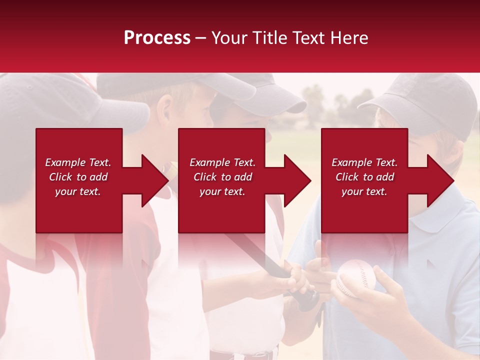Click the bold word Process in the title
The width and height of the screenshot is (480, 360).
point(157,38)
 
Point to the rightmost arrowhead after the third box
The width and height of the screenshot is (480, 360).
point(439,180)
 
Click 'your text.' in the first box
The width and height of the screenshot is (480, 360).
point(78,191)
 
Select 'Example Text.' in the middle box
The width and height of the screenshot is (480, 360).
point(222,162)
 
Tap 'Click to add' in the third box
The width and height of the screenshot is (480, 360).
point(364,177)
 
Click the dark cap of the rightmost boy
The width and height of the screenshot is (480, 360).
point(425,100)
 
